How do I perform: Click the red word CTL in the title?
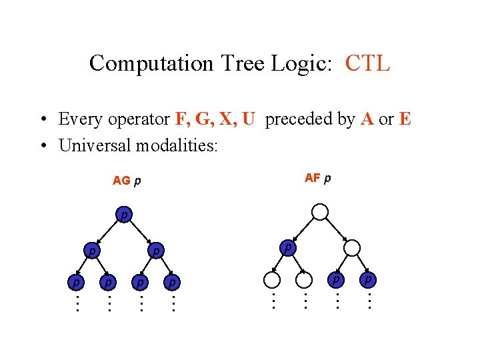(367, 63)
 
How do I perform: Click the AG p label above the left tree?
(127, 181)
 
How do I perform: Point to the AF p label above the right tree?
(317, 178)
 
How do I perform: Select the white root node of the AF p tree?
(320, 212)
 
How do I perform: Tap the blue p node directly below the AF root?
(287, 247)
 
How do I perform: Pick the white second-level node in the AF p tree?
(352, 248)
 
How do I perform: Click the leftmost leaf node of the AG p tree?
(76, 283)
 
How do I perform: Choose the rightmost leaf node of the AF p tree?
(368, 279)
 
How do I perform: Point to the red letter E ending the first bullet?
(405, 119)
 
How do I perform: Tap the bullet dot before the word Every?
(42, 120)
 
